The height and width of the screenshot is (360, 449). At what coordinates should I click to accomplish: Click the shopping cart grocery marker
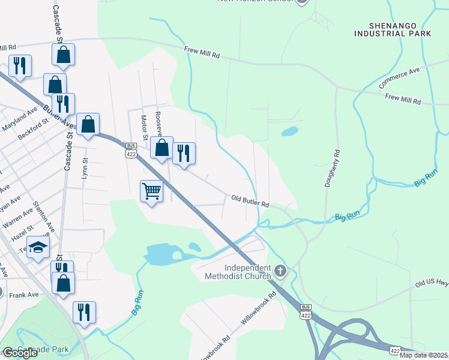coord(151,191)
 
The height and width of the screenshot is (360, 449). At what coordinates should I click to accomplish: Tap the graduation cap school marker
coord(37,248)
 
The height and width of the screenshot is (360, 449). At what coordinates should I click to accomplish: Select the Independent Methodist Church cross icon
coord(279,272)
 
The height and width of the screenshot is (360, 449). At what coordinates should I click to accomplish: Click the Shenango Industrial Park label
coord(393,29)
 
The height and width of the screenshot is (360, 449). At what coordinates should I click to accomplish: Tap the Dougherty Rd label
coord(331,169)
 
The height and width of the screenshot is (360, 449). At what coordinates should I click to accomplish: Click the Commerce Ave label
coord(400,78)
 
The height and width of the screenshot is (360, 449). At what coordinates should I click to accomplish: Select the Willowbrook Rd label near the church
coord(258,309)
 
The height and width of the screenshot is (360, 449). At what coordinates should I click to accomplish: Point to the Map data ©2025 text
coord(424,355)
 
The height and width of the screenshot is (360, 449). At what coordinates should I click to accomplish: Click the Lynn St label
coord(85,169)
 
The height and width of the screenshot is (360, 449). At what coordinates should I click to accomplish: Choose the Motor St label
coord(144,127)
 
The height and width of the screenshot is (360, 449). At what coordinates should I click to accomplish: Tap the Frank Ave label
coord(24,295)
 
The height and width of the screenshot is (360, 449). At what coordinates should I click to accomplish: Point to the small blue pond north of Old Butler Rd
coord(289,131)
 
